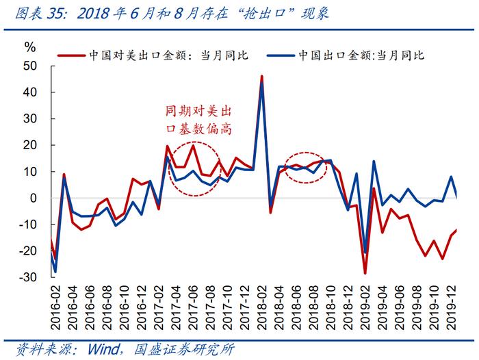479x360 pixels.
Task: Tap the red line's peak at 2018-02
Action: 262,76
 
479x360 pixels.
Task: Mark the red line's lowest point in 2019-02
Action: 365,274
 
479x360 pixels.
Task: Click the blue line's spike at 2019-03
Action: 374,162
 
